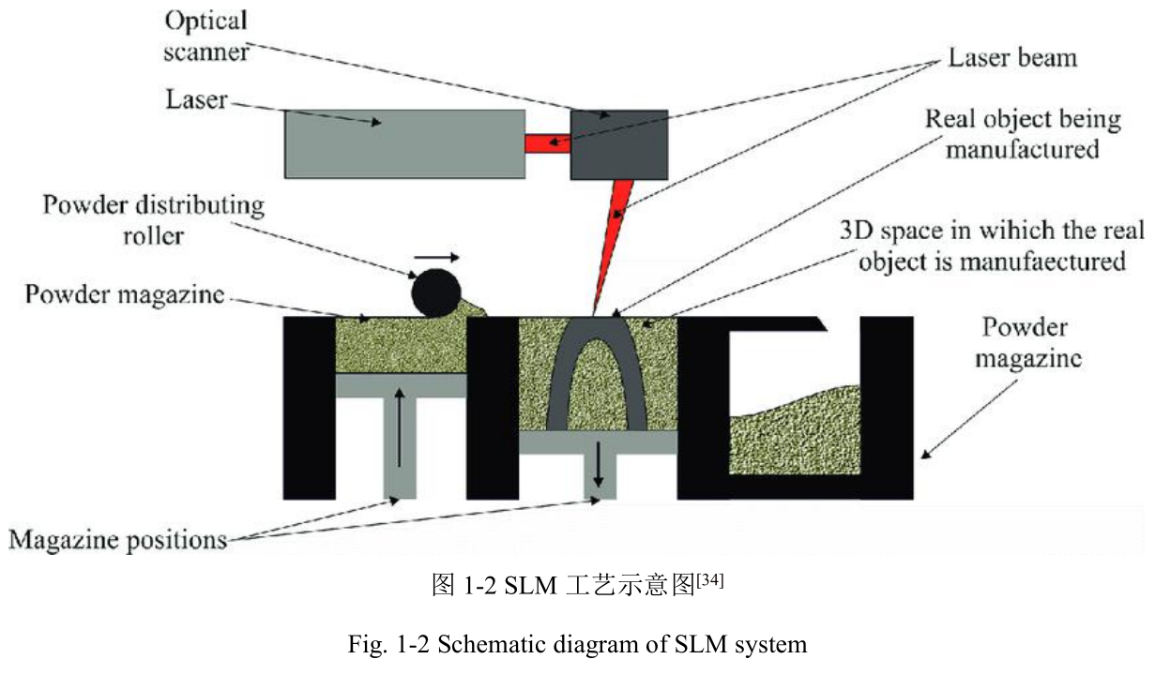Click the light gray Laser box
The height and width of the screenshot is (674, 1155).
coord(403,143)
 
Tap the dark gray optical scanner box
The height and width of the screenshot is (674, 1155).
coord(619,143)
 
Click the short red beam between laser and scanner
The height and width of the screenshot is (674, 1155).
coord(547,143)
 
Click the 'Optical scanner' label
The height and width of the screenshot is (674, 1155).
coord(205,37)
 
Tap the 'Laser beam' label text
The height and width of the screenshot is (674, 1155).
coord(1011,58)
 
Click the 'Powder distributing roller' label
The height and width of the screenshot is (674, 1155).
coord(153,218)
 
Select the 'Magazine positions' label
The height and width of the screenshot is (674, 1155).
coord(118,540)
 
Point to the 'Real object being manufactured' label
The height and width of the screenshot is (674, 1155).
coord(1023,134)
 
